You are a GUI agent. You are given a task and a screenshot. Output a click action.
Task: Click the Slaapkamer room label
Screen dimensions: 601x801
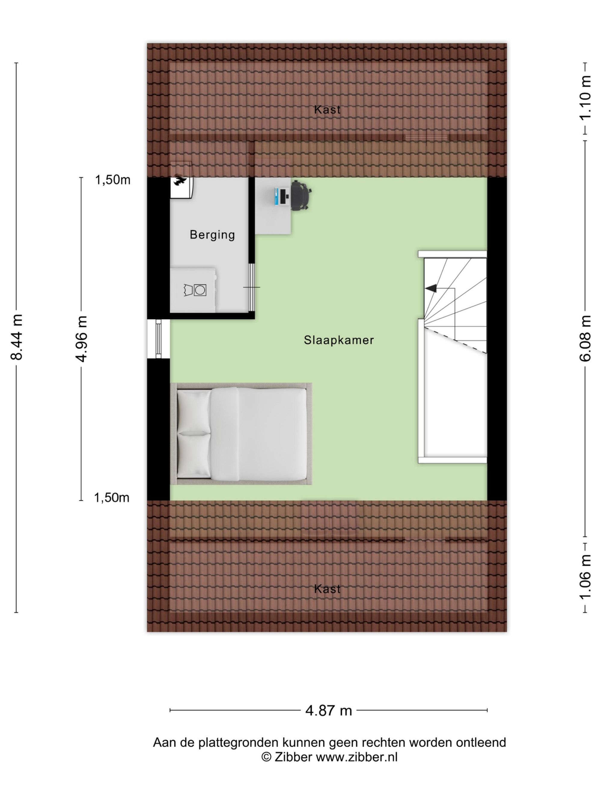pos(338,340)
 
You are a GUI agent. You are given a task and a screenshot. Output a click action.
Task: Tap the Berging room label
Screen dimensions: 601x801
pos(212,235)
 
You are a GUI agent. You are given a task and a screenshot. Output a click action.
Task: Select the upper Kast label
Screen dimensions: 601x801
pos(327,109)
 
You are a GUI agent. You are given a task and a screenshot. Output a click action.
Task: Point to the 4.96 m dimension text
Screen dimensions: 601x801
pos(81,338)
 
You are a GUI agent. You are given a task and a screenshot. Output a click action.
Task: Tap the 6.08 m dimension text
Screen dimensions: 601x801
pos(585,338)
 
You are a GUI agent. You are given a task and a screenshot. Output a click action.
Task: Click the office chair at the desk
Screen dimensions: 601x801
pos(301,196)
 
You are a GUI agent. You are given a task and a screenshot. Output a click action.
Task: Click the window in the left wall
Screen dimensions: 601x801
pos(158,338)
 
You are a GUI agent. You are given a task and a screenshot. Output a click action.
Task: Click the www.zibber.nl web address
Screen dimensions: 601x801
pos(356,757)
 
